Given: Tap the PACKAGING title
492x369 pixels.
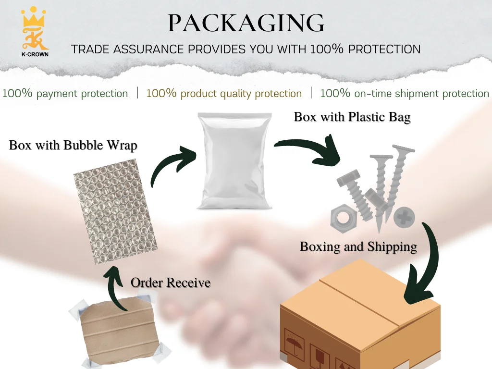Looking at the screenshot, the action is (x=246, y=23).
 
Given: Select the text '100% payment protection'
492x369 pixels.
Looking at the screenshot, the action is (x=65, y=93).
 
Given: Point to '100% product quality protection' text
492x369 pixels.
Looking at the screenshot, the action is (x=224, y=93).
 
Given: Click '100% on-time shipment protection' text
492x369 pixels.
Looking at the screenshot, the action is (x=404, y=93).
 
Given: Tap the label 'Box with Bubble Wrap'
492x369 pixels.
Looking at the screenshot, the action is (x=73, y=145).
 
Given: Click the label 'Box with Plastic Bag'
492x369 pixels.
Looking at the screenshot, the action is (x=352, y=117).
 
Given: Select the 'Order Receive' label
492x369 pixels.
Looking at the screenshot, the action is (x=171, y=283).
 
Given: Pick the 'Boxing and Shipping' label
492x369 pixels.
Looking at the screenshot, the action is (x=358, y=246).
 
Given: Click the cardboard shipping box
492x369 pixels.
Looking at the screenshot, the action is (x=360, y=317).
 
